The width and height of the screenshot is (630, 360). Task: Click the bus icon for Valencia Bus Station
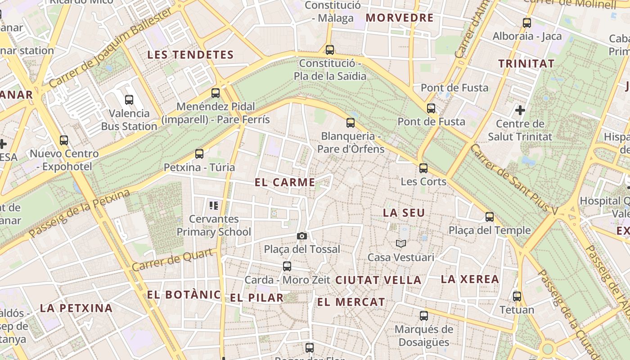click(x=129, y=100)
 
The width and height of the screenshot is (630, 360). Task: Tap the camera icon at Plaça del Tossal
click(x=302, y=236)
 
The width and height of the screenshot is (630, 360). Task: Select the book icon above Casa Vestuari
click(x=401, y=243)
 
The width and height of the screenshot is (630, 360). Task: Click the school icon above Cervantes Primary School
click(x=214, y=206)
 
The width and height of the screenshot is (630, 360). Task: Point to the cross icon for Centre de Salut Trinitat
click(x=520, y=110)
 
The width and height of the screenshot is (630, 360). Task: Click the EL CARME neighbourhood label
click(x=285, y=182)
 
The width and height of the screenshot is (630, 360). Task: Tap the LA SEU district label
click(x=404, y=213)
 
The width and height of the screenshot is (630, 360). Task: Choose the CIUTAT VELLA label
click(x=378, y=280)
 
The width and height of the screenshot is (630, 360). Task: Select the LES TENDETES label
click(x=190, y=55)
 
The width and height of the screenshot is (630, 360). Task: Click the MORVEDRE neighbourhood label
click(x=400, y=18)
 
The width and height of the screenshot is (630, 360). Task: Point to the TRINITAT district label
click(x=526, y=63)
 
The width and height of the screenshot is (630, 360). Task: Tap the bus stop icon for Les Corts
click(x=423, y=168)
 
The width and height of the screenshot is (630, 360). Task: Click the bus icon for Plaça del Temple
click(x=490, y=217)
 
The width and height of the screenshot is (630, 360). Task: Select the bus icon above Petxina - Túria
click(x=199, y=154)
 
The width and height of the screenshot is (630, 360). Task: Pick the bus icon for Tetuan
click(x=517, y=297)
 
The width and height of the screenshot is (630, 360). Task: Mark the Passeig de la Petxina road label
click(x=79, y=213)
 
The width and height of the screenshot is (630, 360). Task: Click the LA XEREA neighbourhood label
click(x=470, y=279)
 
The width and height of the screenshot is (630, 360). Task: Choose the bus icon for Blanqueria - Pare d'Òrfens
click(x=351, y=123)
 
